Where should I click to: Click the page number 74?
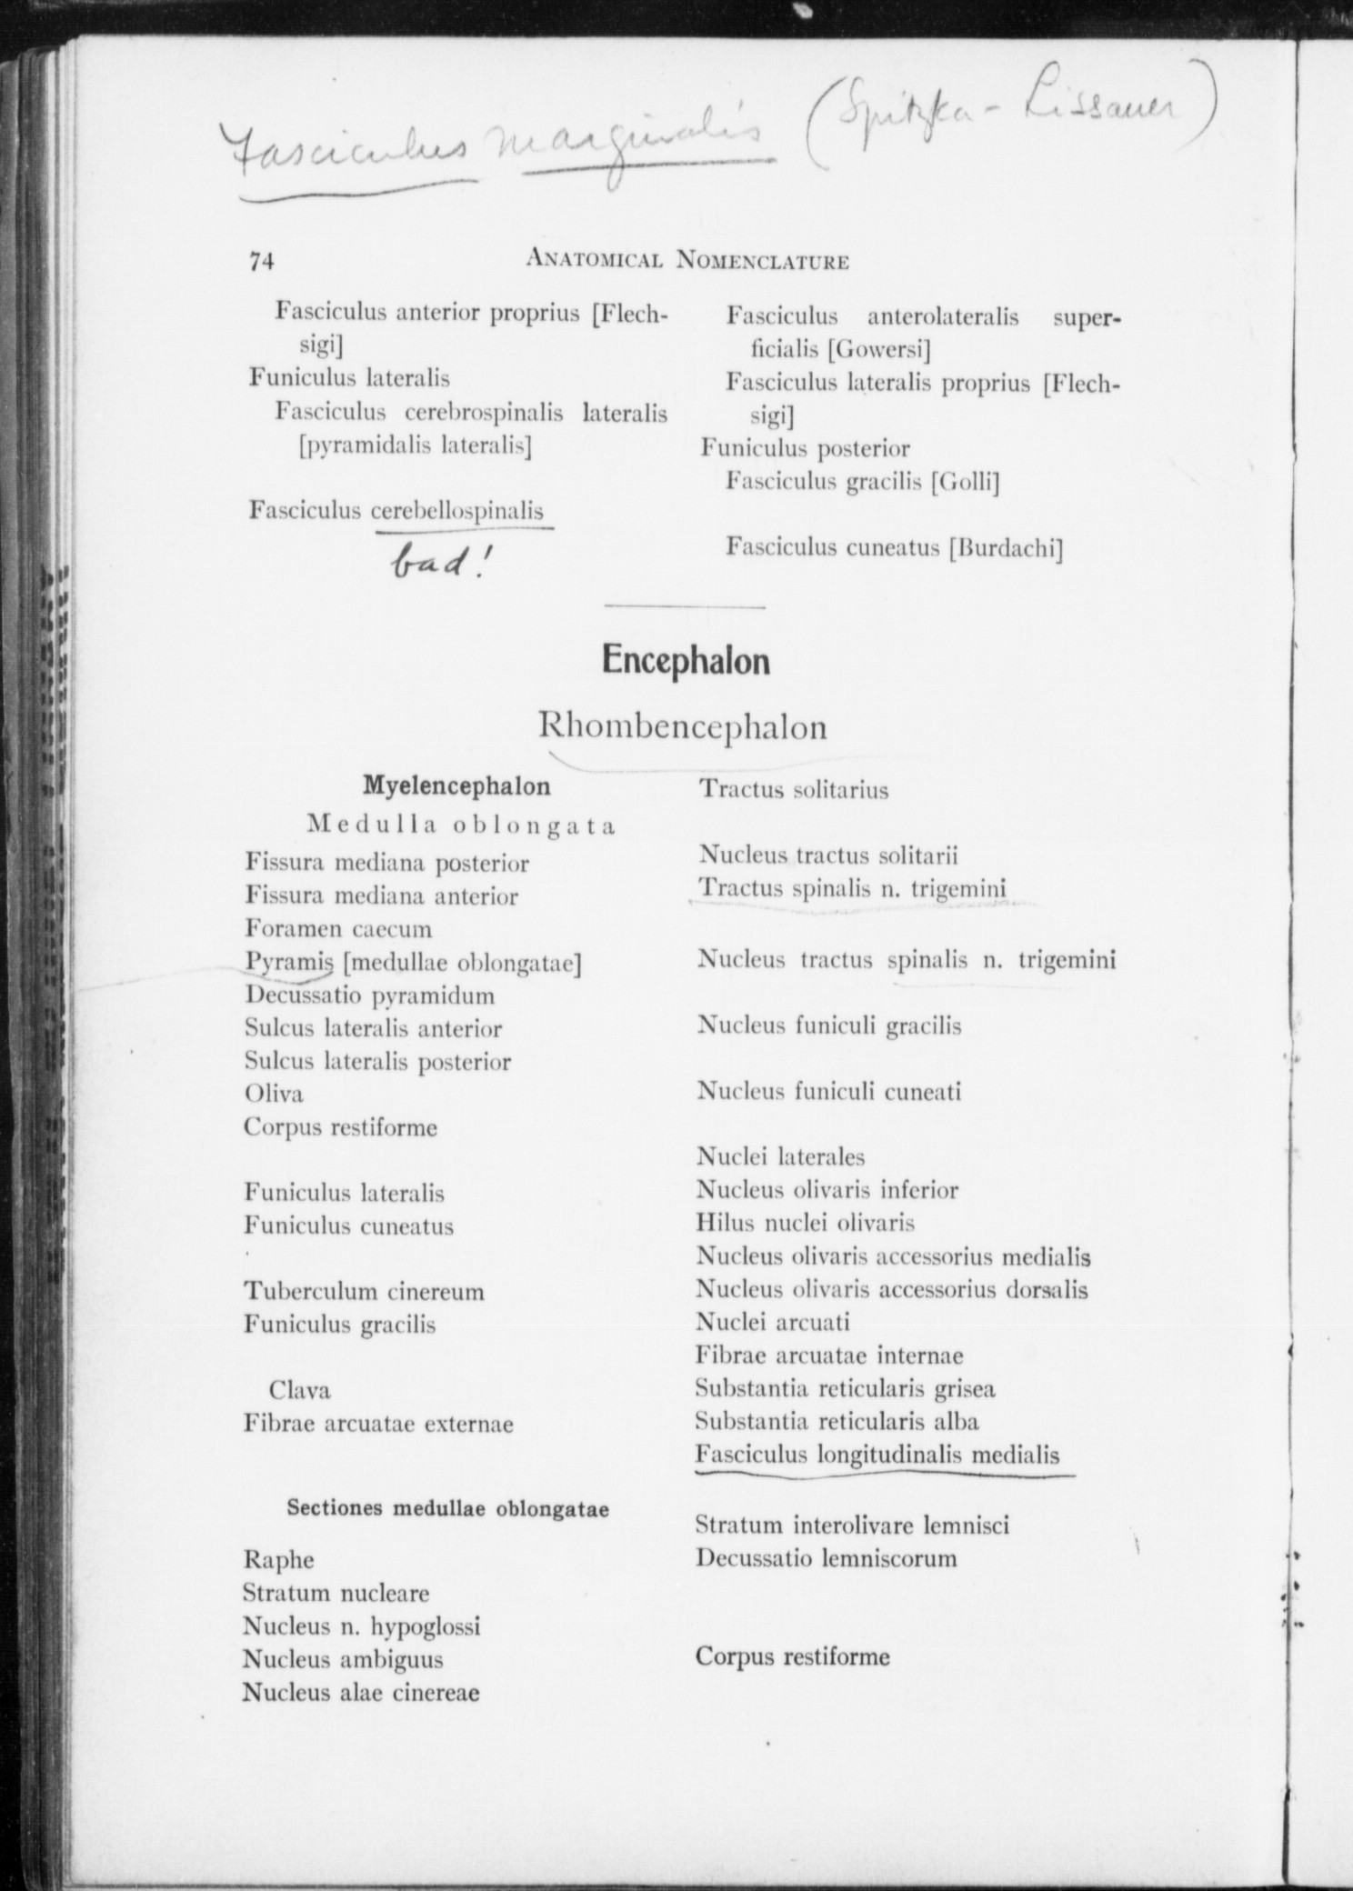click(x=261, y=262)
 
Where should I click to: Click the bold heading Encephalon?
click(x=686, y=661)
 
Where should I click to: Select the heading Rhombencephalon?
click(x=683, y=727)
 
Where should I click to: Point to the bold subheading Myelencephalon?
click(x=456, y=785)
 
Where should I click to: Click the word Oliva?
click(x=274, y=1094)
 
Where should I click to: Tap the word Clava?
click(x=299, y=1390)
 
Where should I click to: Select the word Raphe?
click(x=278, y=1560)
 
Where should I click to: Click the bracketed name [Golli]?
click(x=965, y=482)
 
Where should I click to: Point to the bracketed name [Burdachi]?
click(x=1005, y=548)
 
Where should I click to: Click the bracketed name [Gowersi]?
click(x=878, y=350)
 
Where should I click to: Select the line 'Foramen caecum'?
click(x=338, y=929)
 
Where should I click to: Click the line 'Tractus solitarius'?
click(x=793, y=789)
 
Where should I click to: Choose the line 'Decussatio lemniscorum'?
click(x=827, y=1558)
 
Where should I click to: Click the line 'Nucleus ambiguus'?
click(x=343, y=1659)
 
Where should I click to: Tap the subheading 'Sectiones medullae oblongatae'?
click(x=447, y=1509)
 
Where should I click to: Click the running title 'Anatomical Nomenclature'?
click(x=687, y=262)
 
